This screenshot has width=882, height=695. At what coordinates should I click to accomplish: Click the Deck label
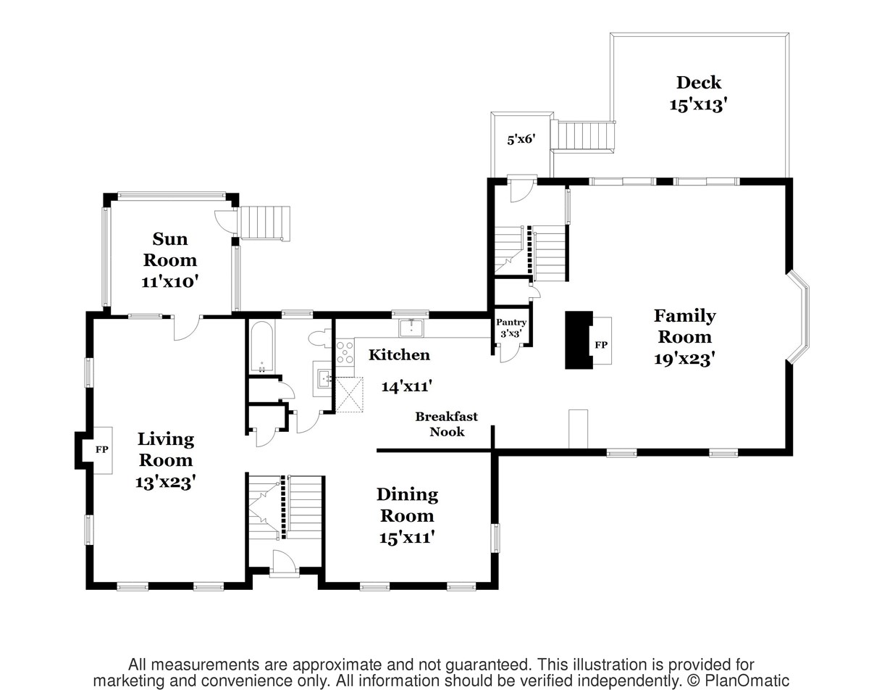698,83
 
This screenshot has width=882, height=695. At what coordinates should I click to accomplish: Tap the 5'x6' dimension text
521,139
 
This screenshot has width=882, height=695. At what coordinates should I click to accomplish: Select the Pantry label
511,322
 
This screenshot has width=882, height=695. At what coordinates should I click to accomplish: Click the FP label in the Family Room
601,345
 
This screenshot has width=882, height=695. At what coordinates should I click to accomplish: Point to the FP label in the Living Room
101,449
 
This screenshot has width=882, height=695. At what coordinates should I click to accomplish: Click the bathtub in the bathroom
261,346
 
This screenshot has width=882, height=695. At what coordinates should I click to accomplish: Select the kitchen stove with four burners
345,352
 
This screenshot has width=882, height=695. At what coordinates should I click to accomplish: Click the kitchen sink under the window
412,328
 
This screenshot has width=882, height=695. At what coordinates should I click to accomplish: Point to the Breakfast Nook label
446,424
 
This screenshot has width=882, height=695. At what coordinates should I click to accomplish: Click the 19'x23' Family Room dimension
684,359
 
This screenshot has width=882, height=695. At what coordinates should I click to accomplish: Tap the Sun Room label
169,249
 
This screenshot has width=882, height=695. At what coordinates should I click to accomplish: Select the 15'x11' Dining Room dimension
406,538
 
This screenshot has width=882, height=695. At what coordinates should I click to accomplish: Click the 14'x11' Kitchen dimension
406,386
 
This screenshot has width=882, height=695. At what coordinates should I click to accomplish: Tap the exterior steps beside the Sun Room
265,223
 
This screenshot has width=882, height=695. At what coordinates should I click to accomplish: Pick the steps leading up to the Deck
582,136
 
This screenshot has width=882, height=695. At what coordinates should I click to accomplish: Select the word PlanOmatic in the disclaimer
747,681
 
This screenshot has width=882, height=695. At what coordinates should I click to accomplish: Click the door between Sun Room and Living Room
187,328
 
